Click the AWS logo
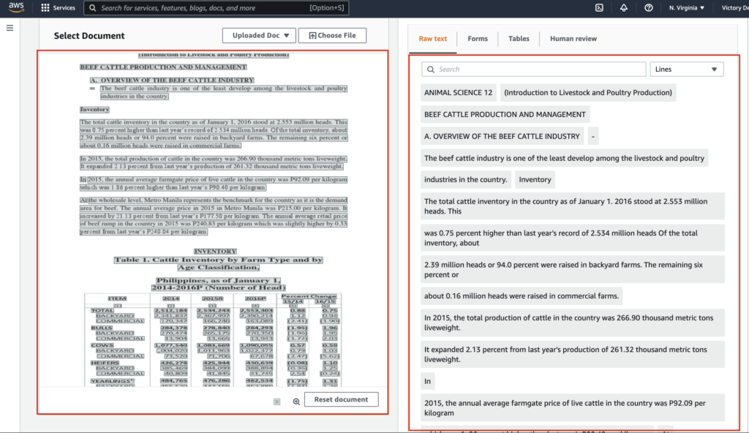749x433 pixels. pos(16,8)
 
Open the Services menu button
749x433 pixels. pos(58,8)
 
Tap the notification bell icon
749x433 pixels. pos(624,8)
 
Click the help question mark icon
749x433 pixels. pos(649,8)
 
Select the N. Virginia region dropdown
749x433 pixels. pos(687,8)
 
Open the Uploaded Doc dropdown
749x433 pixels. pos(259,35)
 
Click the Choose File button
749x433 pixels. pos(332,35)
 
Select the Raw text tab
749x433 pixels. pos(432,39)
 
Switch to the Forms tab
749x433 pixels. pos(478,39)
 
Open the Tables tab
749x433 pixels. pos(519,39)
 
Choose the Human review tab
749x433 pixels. pos(573,39)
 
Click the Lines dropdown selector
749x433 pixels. pos(686,69)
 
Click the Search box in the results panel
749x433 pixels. pos(534,69)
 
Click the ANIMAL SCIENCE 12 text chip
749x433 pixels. pos(459,93)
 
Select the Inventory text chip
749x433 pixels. pos(535,180)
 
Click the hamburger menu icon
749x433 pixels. pos(10,28)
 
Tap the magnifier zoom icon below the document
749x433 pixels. pos(296,401)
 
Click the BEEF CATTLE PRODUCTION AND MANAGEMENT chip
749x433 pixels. pos(505,115)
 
